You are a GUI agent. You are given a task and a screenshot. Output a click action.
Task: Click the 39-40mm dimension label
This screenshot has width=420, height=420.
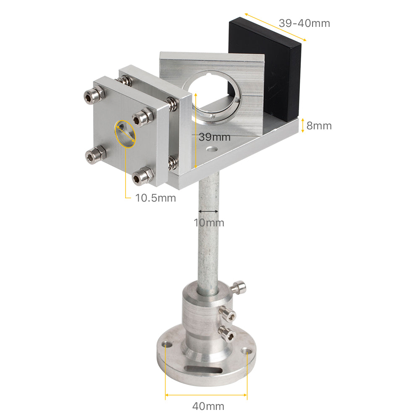pos(304,23)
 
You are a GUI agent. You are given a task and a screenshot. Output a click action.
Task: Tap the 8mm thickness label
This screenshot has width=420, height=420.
pos(319,126)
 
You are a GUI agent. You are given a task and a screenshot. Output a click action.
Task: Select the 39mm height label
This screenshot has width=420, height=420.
pos(214,137)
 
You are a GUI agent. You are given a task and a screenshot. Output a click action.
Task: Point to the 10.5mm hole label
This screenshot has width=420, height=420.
pos(155,197)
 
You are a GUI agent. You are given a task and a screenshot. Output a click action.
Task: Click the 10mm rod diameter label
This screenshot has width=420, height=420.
pos(209,223)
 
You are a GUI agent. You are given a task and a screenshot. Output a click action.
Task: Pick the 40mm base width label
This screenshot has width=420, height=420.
pos(208,406)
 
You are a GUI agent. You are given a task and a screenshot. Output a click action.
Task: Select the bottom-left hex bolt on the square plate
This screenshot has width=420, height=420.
pos(92,156)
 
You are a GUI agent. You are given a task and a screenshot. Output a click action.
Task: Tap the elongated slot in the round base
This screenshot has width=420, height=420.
pos(204,370)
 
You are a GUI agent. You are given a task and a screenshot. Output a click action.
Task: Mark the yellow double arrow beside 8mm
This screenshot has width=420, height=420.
pos(302,125)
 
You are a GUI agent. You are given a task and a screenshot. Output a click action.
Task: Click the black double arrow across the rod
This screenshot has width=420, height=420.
pos(209,211)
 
